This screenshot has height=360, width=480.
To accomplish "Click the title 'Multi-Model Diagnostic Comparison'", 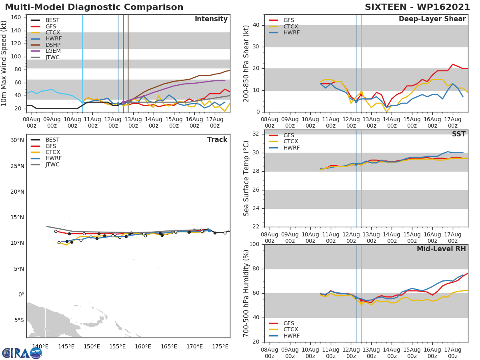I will point(94,7).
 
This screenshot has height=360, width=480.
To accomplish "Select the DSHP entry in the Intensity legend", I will point(52,45).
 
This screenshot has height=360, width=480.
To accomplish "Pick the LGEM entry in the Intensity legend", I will point(52,51).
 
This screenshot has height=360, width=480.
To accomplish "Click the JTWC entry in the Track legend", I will point(52,164).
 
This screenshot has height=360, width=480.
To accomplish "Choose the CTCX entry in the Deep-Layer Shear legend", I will point(291,26).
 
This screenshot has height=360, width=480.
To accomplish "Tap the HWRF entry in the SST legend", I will point(291,148).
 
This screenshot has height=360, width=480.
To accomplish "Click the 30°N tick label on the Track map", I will point(17,140).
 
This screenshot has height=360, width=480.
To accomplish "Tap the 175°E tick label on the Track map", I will point(220,346).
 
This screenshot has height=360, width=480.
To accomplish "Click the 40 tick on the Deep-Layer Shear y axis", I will point(256,25).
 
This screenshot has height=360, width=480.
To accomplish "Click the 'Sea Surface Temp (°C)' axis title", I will point(246,179).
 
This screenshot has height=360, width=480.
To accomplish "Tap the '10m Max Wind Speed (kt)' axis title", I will point(4,63).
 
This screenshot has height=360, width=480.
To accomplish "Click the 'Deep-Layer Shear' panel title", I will point(432,19).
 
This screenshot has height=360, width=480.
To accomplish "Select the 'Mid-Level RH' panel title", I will point(441,249).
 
